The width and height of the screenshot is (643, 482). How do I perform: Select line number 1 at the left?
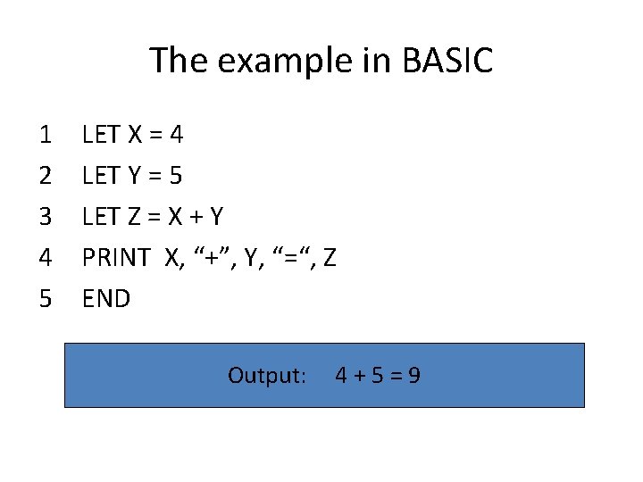pos(46,136)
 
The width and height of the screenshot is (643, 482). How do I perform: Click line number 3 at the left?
pos(46,217)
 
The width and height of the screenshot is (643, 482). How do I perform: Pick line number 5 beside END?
pos(46,298)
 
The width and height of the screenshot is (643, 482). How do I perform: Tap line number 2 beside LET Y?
pos(46,176)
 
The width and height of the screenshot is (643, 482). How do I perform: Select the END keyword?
pos(106,298)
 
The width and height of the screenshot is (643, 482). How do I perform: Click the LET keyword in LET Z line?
pos(101,217)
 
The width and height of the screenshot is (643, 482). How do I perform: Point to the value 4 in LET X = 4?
pos(176,136)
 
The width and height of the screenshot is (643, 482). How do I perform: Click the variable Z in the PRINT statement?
pos(330,258)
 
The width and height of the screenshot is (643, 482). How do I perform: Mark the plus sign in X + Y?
pos(193,217)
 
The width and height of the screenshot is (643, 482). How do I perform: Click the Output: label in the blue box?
pos(267,375)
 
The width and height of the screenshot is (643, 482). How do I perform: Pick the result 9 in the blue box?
pos(413,375)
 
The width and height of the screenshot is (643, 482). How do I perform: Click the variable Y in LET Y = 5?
pos(135,176)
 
